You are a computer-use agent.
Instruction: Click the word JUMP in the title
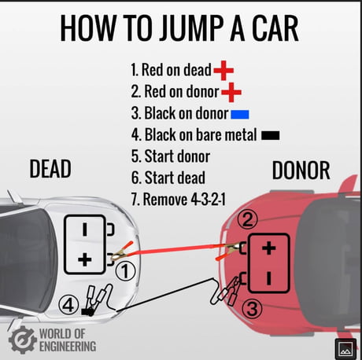(192, 28)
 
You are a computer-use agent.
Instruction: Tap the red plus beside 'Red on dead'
(223, 71)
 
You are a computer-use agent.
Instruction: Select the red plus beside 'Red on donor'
(231, 92)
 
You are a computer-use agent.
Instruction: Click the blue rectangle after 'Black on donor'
(240, 114)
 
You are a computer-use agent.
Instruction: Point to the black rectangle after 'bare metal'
(271, 135)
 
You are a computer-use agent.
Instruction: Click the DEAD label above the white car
(50, 169)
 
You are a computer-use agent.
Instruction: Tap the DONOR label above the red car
(301, 171)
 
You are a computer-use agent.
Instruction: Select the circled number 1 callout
(126, 271)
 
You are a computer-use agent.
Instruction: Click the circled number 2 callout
(247, 219)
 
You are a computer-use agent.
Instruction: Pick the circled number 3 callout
(252, 309)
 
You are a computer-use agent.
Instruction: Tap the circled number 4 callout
(68, 305)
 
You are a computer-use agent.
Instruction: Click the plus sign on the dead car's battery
(85, 259)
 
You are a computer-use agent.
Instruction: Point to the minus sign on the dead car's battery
(85, 230)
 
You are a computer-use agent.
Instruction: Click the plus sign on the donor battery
(269, 248)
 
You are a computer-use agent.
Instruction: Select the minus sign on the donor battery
(269, 278)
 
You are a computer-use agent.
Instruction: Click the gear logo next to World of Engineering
(23, 340)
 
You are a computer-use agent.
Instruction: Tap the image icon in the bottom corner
(345, 349)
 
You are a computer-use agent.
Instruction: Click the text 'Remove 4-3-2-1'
(178, 200)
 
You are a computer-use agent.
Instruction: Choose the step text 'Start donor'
(171, 156)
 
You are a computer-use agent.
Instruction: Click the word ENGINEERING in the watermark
(68, 347)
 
